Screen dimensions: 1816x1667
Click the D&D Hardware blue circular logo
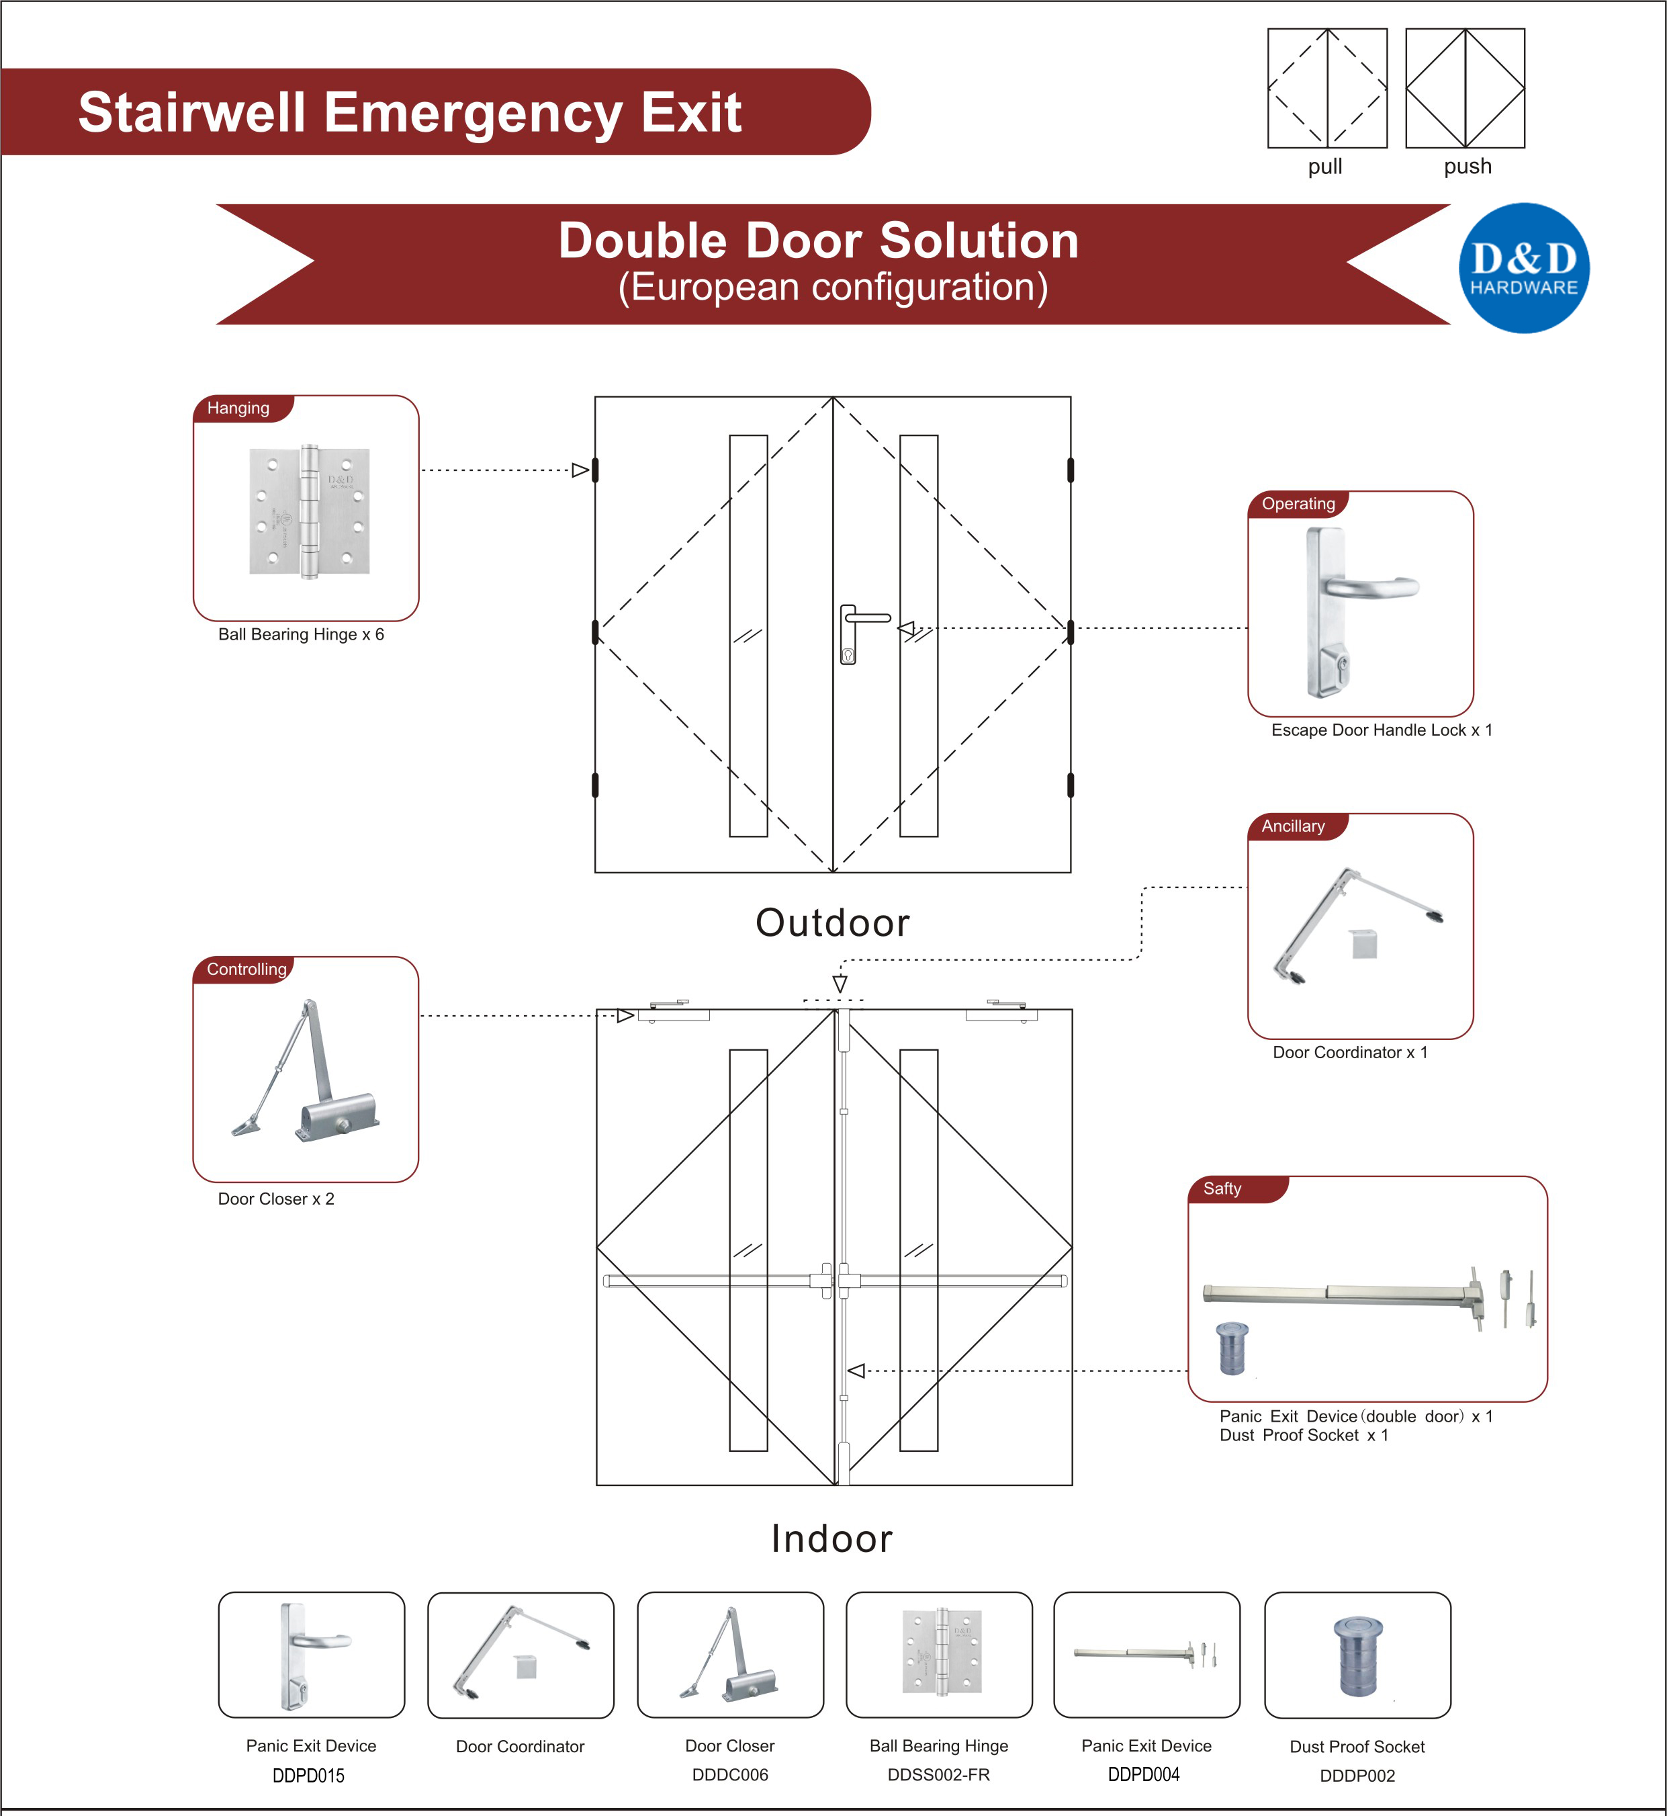click(x=1523, y=268)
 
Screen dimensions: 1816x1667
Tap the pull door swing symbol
click(x=1327, y=89)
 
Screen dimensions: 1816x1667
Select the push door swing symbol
click(x=1465, y=89)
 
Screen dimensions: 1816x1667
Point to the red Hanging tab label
click(x=239, y=408)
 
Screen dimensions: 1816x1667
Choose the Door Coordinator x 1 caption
click(x=1349, y=1053)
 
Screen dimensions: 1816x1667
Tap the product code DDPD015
click(x=308, y=1776)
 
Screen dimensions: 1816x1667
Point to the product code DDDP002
click(x=1357, y=1776)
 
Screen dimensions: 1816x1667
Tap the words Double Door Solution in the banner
click(x=818, y=241)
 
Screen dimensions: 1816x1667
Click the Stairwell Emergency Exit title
click(x=410, y=113)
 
